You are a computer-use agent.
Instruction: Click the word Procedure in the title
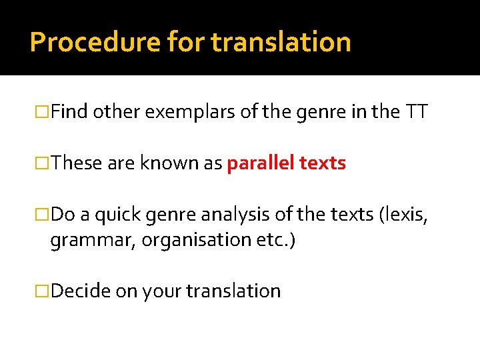95,42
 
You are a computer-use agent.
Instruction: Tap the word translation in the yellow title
281,42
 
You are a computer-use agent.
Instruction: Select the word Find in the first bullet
69,113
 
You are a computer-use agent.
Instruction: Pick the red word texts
323,164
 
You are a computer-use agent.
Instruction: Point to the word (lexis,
403,215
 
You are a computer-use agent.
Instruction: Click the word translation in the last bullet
233,291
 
